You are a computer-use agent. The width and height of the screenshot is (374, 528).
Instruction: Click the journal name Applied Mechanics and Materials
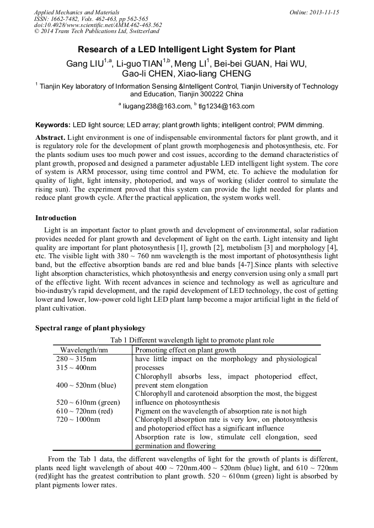click(x=77, y=12)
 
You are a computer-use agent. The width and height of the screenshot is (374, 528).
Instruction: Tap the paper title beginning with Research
click(x=186, y=49)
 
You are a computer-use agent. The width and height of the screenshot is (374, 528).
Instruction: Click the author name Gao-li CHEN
click(x=148, y=74)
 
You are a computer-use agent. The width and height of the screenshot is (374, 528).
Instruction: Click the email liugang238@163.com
click(x=156, y=106)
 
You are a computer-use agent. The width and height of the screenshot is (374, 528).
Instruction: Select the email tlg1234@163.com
click(x=226, y=106)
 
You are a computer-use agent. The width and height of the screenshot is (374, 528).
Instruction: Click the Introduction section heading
click(x=56, y=218)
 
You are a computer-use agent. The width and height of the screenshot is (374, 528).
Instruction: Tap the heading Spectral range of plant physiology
click(x=90, y=328)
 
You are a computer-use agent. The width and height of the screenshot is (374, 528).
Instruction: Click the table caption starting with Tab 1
click(x=192, y=340)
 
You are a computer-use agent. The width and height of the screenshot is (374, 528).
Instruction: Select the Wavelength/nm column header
click(x=84, y=350)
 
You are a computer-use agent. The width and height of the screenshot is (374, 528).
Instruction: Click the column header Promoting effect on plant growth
click(x=185, y=350)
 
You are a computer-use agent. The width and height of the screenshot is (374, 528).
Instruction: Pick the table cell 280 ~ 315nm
click(x=77, y=359)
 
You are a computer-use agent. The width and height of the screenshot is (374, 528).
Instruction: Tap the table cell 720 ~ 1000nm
click(x=78, y=420)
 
